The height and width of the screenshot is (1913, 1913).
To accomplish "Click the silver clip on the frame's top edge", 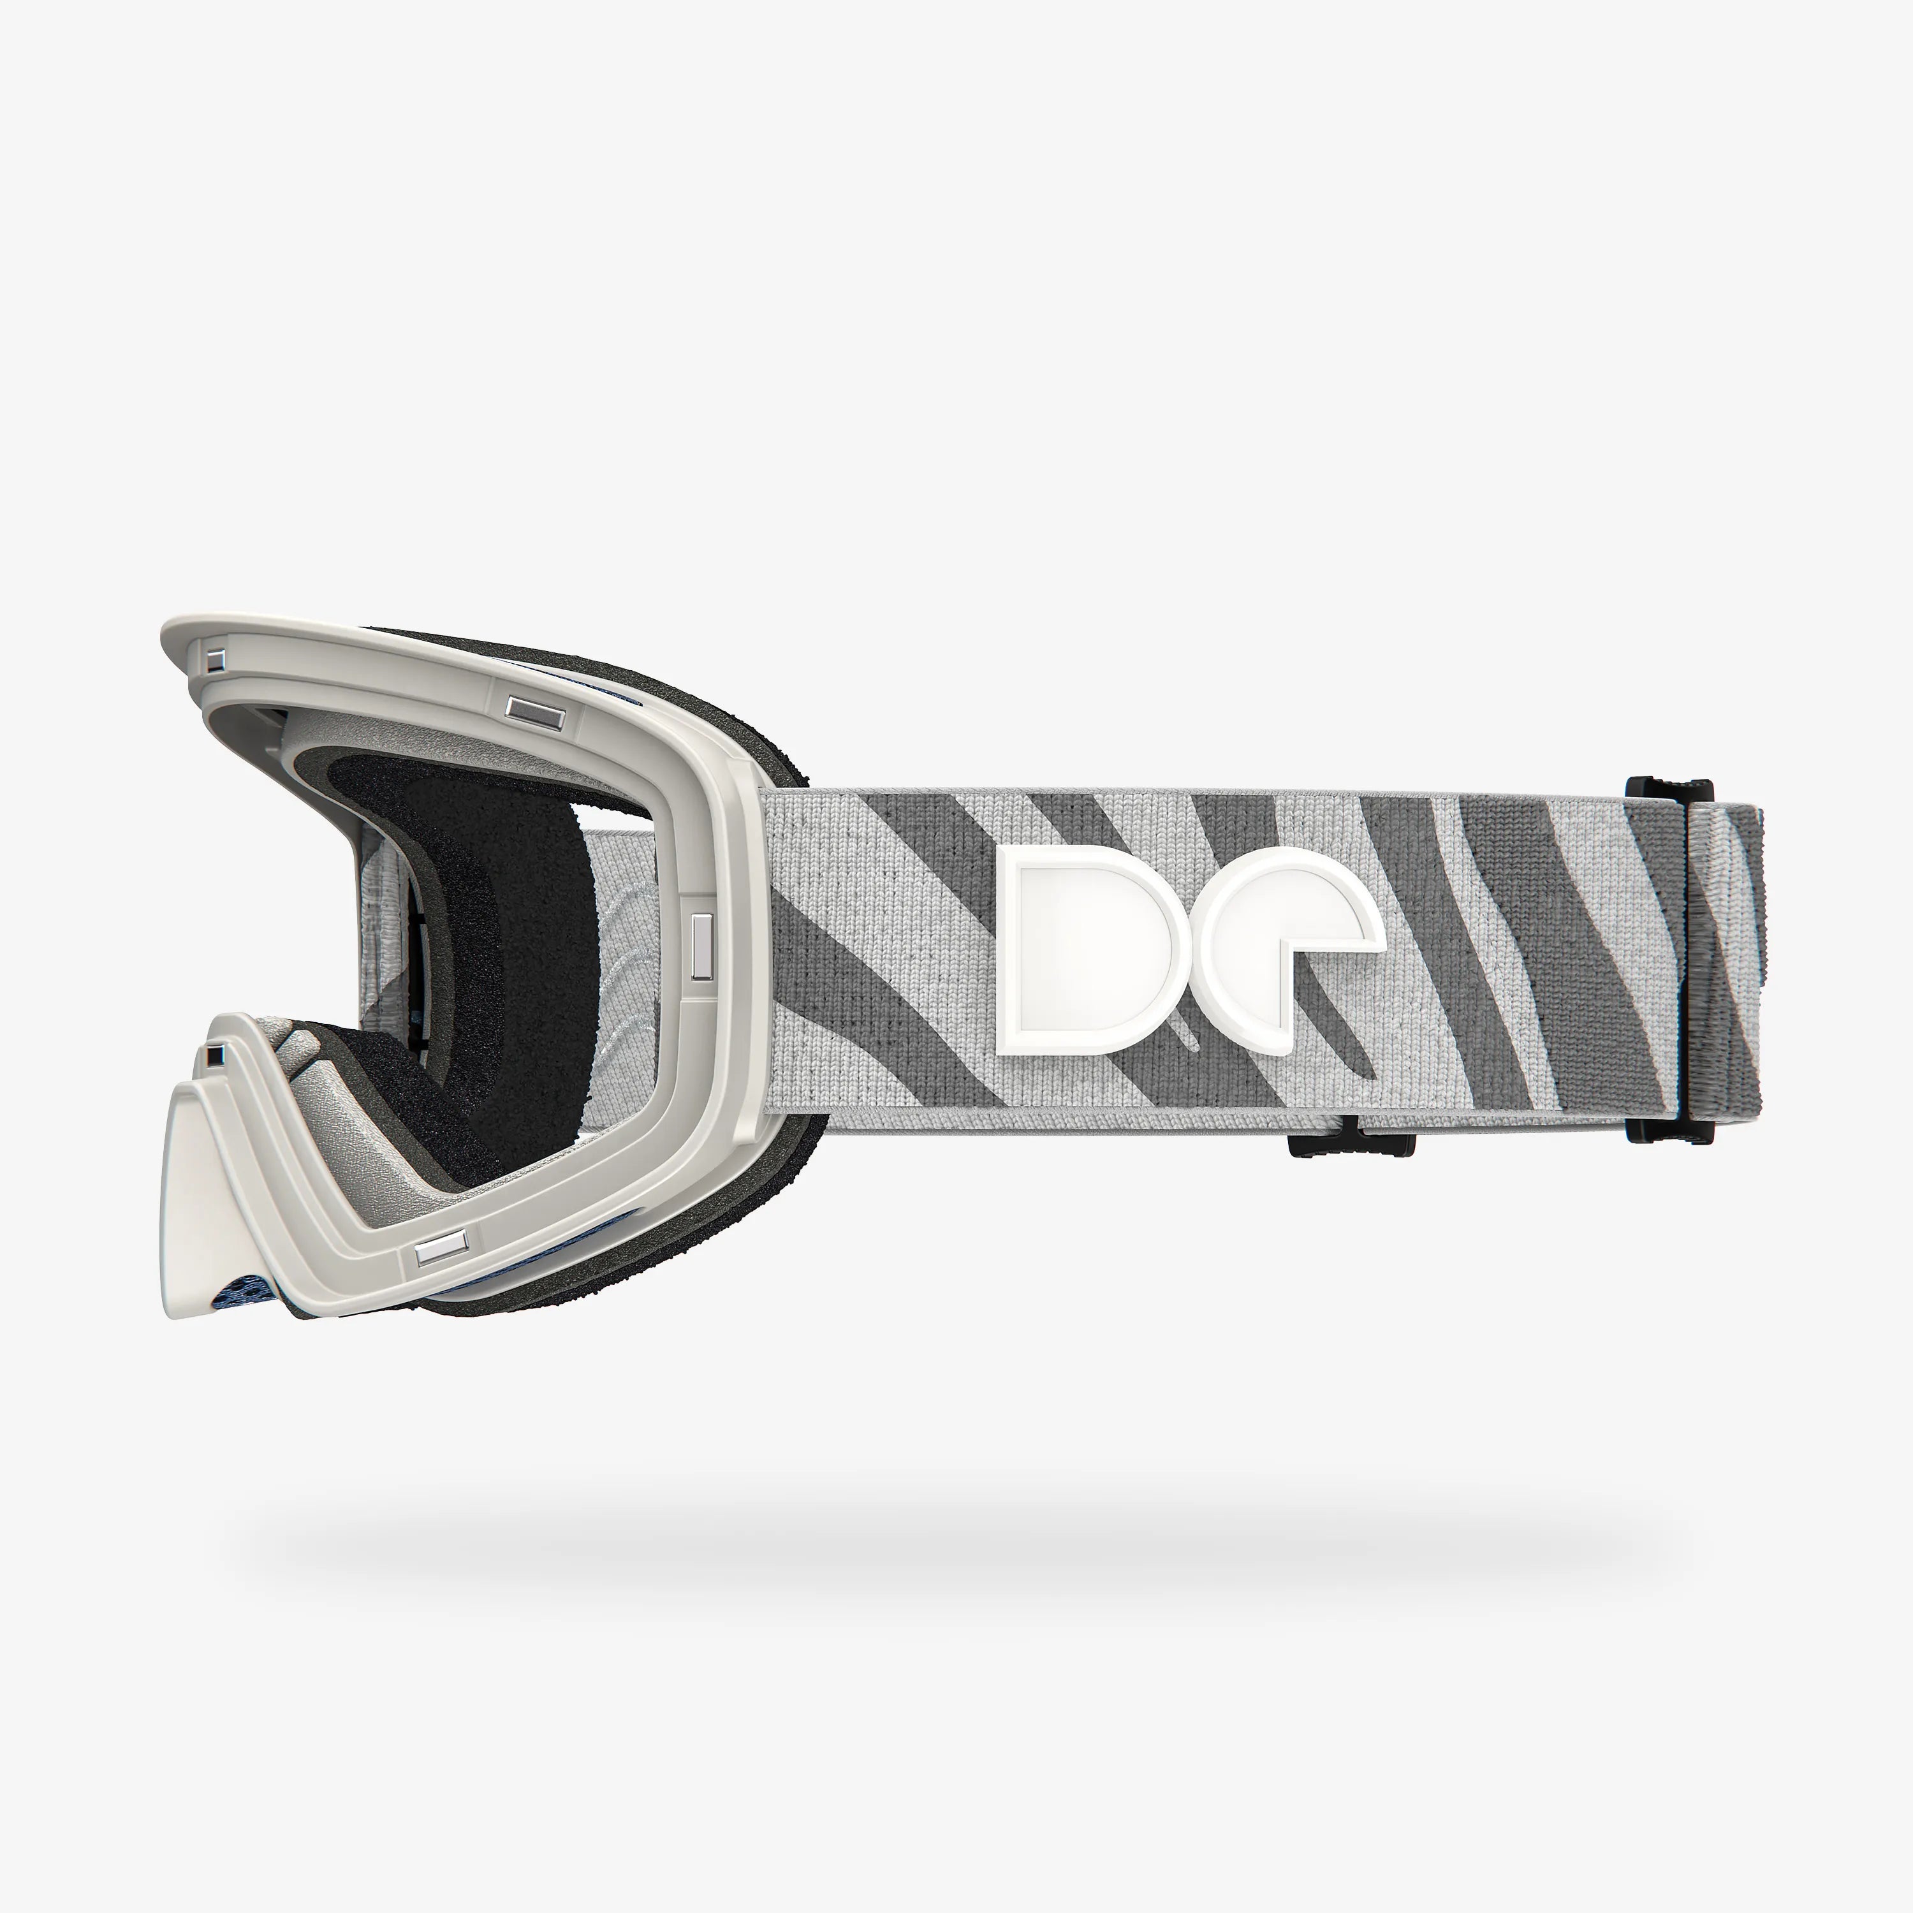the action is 535,710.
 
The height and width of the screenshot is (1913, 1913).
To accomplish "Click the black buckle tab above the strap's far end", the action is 1669,789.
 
